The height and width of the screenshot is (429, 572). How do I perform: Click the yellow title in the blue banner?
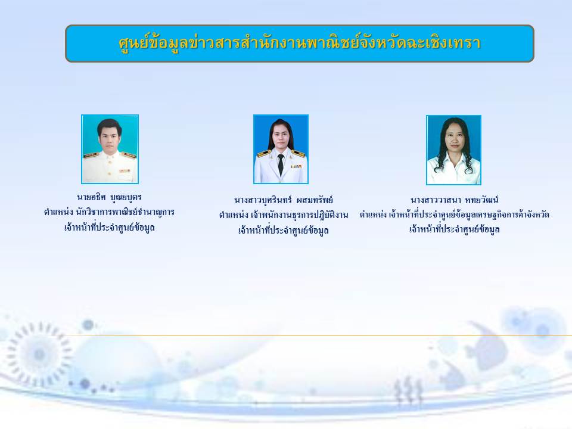(x=300, y=43)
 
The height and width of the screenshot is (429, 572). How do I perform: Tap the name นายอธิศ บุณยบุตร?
(x=110, y=197)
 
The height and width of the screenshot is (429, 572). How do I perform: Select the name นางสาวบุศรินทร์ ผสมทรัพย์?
(x=284, y=200)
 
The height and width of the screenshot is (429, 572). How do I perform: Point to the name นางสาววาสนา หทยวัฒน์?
(x=454, y=200)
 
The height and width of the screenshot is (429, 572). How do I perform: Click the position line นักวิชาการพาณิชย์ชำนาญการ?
(x=110, y=212)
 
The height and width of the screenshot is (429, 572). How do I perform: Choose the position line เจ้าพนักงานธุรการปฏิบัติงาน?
(x=284, y=215)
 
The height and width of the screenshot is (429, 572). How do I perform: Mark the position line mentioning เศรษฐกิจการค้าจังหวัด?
(x=454, y=214)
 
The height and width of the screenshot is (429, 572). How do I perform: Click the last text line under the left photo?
(x=110, y=228)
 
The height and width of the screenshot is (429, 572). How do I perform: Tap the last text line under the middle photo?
(x=284, y=231)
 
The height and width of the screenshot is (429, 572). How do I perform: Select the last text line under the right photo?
(x=454, y=229)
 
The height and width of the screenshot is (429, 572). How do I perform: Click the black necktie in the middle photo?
(x=281, y=164)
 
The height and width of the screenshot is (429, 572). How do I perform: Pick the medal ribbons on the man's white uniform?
(x=125, y=170)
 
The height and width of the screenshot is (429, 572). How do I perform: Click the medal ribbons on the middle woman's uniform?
(x=296, y=166)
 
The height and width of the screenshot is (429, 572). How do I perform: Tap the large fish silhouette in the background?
(x=487, y=345)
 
